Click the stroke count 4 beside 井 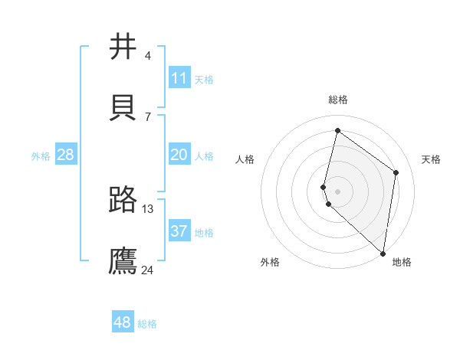pos(147,56)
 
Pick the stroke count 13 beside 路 pos(148,209)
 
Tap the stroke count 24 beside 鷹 pos(148,270)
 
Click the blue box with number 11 pos(179,78)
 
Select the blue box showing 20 pos(179,155)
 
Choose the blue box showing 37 pos(179,231)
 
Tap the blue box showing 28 pos(65,155)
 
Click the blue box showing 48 pos(122,322)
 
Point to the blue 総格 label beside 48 pos(147,324)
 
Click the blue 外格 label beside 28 pos(41,156)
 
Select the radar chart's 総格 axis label pos(338,100)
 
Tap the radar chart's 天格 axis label pos(431,159)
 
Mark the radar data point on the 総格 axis pos(337,130)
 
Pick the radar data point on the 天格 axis pos(396,172)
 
